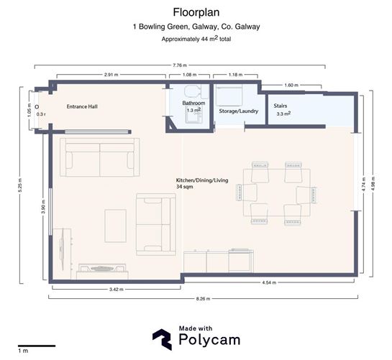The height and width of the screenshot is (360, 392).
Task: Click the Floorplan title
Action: [196, 12]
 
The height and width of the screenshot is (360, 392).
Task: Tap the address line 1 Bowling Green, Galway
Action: [196, 27]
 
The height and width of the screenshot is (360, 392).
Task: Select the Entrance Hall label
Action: [82, 106]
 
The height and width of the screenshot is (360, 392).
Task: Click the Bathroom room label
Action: [193, 103]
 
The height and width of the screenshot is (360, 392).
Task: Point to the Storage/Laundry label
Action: [238, 111]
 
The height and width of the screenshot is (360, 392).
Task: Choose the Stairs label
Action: [281, 106]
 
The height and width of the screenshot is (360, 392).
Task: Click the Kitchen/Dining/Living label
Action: [202, 180]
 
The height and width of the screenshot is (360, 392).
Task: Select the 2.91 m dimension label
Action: [111, 74]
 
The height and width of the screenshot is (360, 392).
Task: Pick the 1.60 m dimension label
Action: [290, 85]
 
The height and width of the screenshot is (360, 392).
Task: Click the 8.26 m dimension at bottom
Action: [204, 298]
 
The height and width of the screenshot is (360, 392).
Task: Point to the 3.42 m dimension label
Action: [114, 289]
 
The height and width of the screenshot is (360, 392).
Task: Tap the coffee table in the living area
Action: [116, 226]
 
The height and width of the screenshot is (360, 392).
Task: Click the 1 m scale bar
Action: [37, 346]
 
